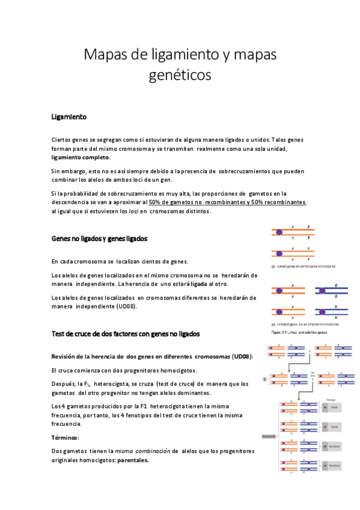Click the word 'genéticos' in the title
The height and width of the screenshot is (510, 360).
[180, 76]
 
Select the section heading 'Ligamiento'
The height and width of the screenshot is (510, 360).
[69, 117]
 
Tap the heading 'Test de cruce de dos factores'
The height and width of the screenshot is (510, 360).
[126, 333]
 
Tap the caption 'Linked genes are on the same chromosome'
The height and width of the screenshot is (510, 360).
[303, 265]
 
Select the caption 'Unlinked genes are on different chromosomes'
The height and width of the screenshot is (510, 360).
[304, 324]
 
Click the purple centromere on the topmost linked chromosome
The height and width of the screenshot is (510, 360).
[279, 231]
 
